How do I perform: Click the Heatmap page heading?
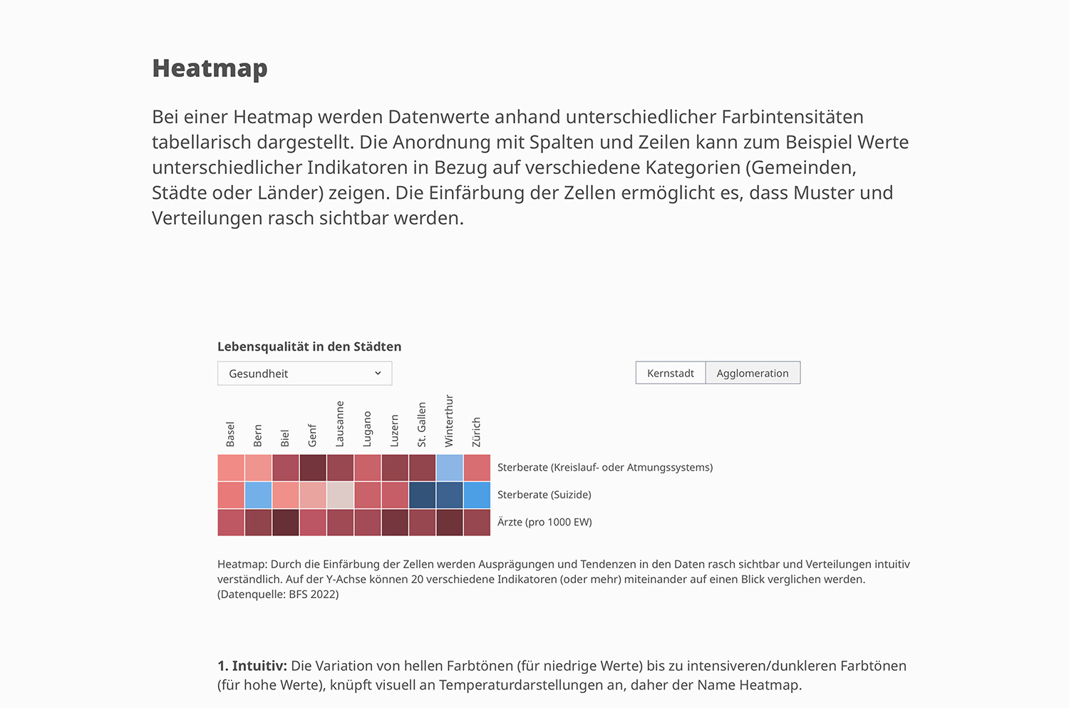click(x=210, y=68)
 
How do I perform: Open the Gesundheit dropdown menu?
click(x=304, y=374)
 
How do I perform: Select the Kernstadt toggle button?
click(x=670, y=373)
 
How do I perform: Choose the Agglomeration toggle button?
click(x=753, y=373)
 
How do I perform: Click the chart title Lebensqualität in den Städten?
click(x=309, y=347)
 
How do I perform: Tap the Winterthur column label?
click(x=449, y=421)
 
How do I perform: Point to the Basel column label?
click(x=230, y=434)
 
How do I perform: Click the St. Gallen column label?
click(x=422, y=425)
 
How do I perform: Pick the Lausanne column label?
click(x=340, y=424)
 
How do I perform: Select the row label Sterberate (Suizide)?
click(x=544, y=495)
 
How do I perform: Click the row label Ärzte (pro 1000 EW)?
click(x=544, y=522)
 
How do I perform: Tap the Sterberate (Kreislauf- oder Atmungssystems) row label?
click(x=604, y=468)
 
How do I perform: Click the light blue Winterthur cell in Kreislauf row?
click(x=450, y=468)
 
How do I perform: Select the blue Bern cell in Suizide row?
click(x=258, y=495)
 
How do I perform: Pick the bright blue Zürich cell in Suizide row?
click(x=477, y=495)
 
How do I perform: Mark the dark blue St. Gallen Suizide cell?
click(x=422, y=495)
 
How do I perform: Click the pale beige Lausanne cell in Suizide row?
click(x=340, y=495)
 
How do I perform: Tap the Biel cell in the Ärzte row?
click(x=285, y=523)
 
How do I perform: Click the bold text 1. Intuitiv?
click(x=252, y=666)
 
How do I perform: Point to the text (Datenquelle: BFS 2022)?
click(x=278, y=595)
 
